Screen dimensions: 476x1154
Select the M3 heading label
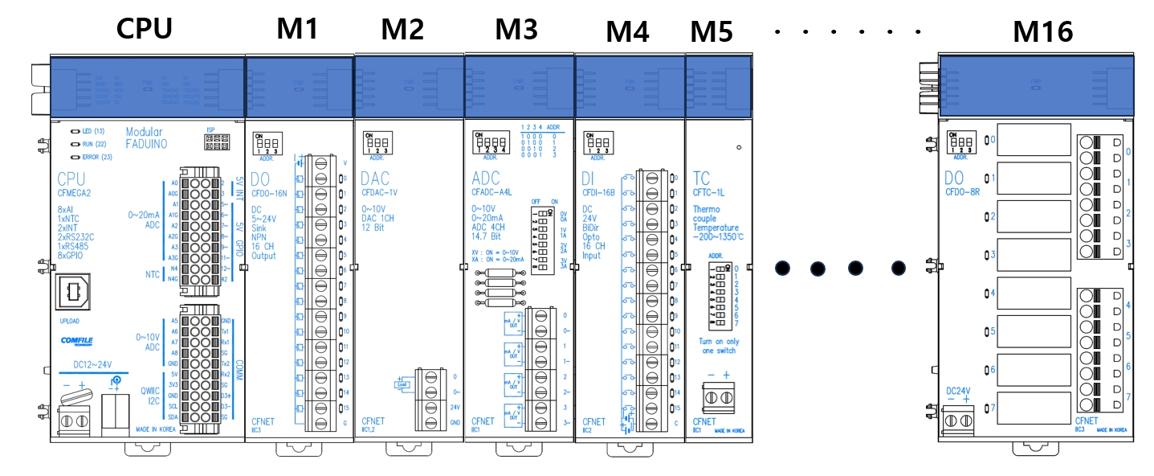pos(516,30)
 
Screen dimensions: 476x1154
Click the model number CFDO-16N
pos(269,194)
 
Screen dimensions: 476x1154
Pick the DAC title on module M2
pos(375,178)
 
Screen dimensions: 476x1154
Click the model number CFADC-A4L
pos(491,192)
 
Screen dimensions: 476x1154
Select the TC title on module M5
pos(700,178)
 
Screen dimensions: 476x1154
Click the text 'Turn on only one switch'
pos(714,346)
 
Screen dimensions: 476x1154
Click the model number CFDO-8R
pos(962,191)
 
